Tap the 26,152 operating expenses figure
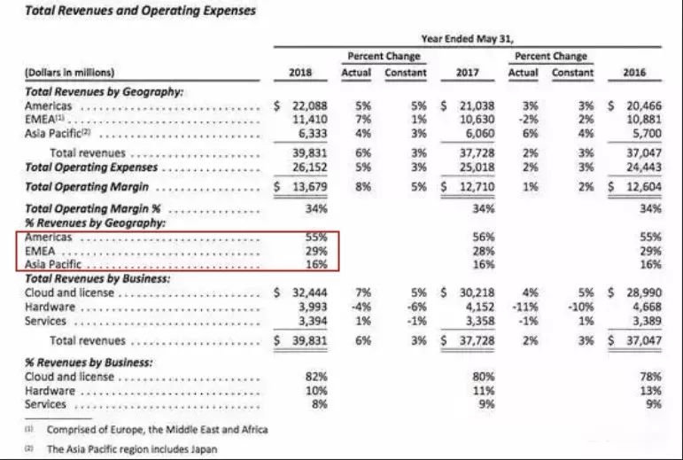(x=308, y=167)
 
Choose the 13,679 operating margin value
(x=308, y=186)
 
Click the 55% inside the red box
(x=317, y=238)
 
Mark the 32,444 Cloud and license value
(x=308, y=292)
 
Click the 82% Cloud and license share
(x=317, y=377)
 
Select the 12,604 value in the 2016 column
(x=640, y=186)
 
